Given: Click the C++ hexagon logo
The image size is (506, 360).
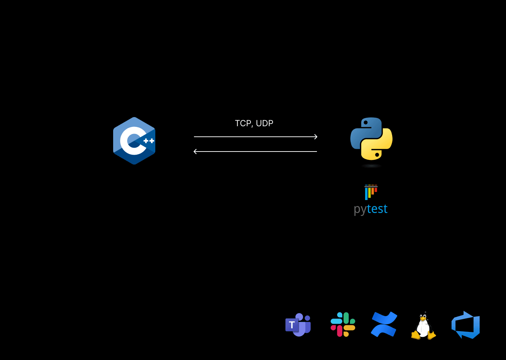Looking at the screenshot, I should [134, 141].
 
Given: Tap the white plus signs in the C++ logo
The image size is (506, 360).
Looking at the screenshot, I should [149, 141].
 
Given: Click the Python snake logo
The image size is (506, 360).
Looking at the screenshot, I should [371, 139].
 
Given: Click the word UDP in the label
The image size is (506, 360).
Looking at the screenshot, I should [265, 123].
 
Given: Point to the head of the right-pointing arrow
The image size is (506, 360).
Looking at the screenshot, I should [316, 137].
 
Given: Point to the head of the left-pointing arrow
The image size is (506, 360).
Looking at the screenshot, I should [195, 152].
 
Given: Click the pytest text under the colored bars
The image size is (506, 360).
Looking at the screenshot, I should [371, 209].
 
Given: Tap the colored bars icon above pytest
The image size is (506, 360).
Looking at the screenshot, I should [371, 192].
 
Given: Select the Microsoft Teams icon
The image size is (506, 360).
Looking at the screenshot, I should [298, 325].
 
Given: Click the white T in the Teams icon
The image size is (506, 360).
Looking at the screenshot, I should [292, 325].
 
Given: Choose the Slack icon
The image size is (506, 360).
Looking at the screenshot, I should [343, 324].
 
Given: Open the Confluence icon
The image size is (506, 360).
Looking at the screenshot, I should [384, 324].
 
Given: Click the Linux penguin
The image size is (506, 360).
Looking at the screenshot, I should [423, 326].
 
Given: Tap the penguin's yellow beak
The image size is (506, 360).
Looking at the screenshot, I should [423, 319].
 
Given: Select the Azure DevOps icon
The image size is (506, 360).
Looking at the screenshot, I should [466, 325].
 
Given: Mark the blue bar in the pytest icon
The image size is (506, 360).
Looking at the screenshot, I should [366, 193].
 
